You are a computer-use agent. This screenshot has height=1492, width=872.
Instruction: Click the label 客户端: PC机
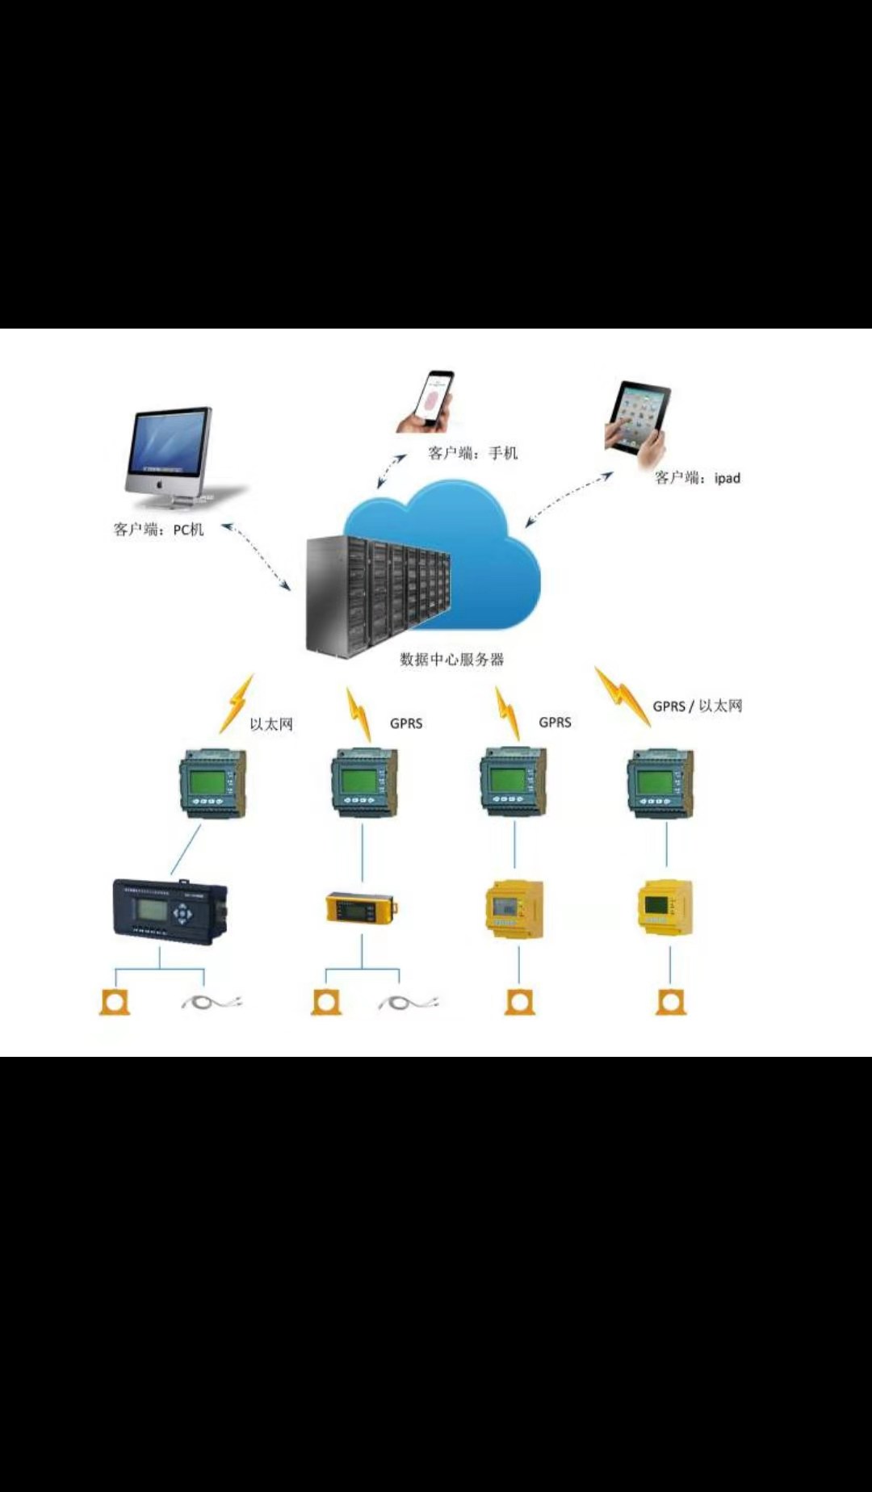[x=158, y=530]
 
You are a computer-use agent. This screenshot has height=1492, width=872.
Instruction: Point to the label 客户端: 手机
[x=472, y=454]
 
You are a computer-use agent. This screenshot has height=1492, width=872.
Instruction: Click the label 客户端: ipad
[x=698, y=478]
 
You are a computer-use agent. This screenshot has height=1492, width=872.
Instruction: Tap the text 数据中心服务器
[x=452, y=660]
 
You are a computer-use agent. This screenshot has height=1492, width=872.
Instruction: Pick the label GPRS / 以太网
[x=698, y=706]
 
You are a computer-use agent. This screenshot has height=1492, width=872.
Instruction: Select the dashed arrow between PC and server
[x=256, y=556]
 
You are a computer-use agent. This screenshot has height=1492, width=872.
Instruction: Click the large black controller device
[x=170, y=911]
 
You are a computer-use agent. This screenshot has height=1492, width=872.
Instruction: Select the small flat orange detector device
[x=361, y=907]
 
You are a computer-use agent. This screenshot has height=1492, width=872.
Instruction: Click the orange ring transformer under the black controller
[x=115, y=1002]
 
